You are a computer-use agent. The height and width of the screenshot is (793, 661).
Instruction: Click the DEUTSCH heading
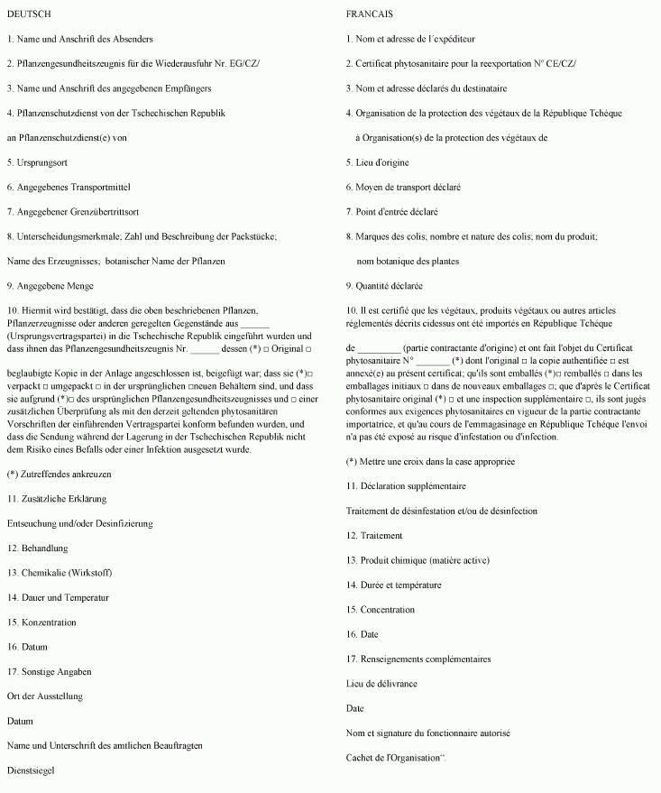29,14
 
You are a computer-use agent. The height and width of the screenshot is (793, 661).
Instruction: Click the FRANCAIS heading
370,14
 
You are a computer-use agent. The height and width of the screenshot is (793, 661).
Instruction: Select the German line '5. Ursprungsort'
37,162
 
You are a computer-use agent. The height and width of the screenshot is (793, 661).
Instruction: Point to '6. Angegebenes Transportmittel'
69,187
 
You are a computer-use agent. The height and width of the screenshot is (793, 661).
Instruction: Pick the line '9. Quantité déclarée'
384,286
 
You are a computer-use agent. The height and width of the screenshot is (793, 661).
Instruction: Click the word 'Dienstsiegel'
32,770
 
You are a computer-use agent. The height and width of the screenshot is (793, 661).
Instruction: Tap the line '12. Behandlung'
37,548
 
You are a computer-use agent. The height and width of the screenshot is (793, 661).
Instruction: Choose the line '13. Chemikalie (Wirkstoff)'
60,573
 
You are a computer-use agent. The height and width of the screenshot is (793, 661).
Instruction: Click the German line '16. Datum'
28,647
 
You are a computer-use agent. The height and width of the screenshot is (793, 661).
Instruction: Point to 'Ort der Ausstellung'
45,696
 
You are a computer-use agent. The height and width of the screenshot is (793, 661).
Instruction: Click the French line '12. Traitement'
374,535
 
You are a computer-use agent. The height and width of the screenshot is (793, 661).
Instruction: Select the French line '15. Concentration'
381,610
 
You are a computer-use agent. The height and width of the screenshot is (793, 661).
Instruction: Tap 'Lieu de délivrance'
381,684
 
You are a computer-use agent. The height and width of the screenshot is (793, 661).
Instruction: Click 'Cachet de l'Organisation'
395,758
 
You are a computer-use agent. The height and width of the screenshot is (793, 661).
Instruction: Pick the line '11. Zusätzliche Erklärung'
57,498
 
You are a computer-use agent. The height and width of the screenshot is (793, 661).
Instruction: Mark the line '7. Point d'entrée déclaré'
392,212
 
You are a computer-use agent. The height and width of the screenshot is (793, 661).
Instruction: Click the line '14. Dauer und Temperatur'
58,597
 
